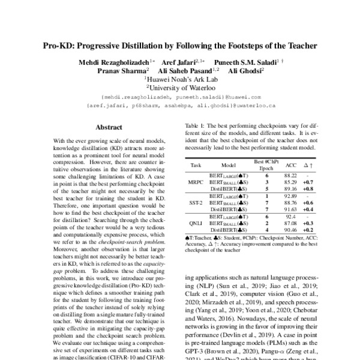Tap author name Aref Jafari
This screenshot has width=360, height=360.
[x=179, y=62]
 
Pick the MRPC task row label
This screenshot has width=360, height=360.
[x=196, y=181]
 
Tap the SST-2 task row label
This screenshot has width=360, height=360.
[x=196, y=203]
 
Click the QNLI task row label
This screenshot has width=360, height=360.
[x=196, y=224]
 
